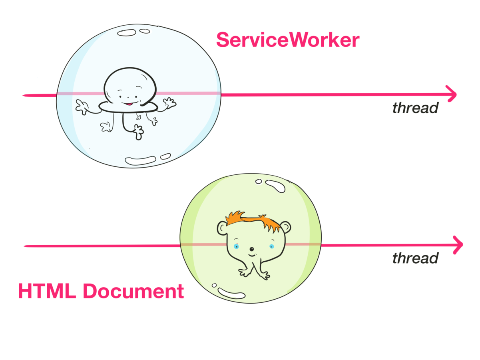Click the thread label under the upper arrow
[x=415, y=108]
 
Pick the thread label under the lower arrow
[x=415, y=258]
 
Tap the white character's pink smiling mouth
[x=127, y=104]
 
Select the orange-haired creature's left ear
[x=222, y=228]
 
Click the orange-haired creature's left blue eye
[x=236, y=246]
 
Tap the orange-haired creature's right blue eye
[x=271, y=246]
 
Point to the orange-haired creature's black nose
[x=252, y=249]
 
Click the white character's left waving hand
[x=82, y=107]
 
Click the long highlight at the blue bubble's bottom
[x=140, y=160]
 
